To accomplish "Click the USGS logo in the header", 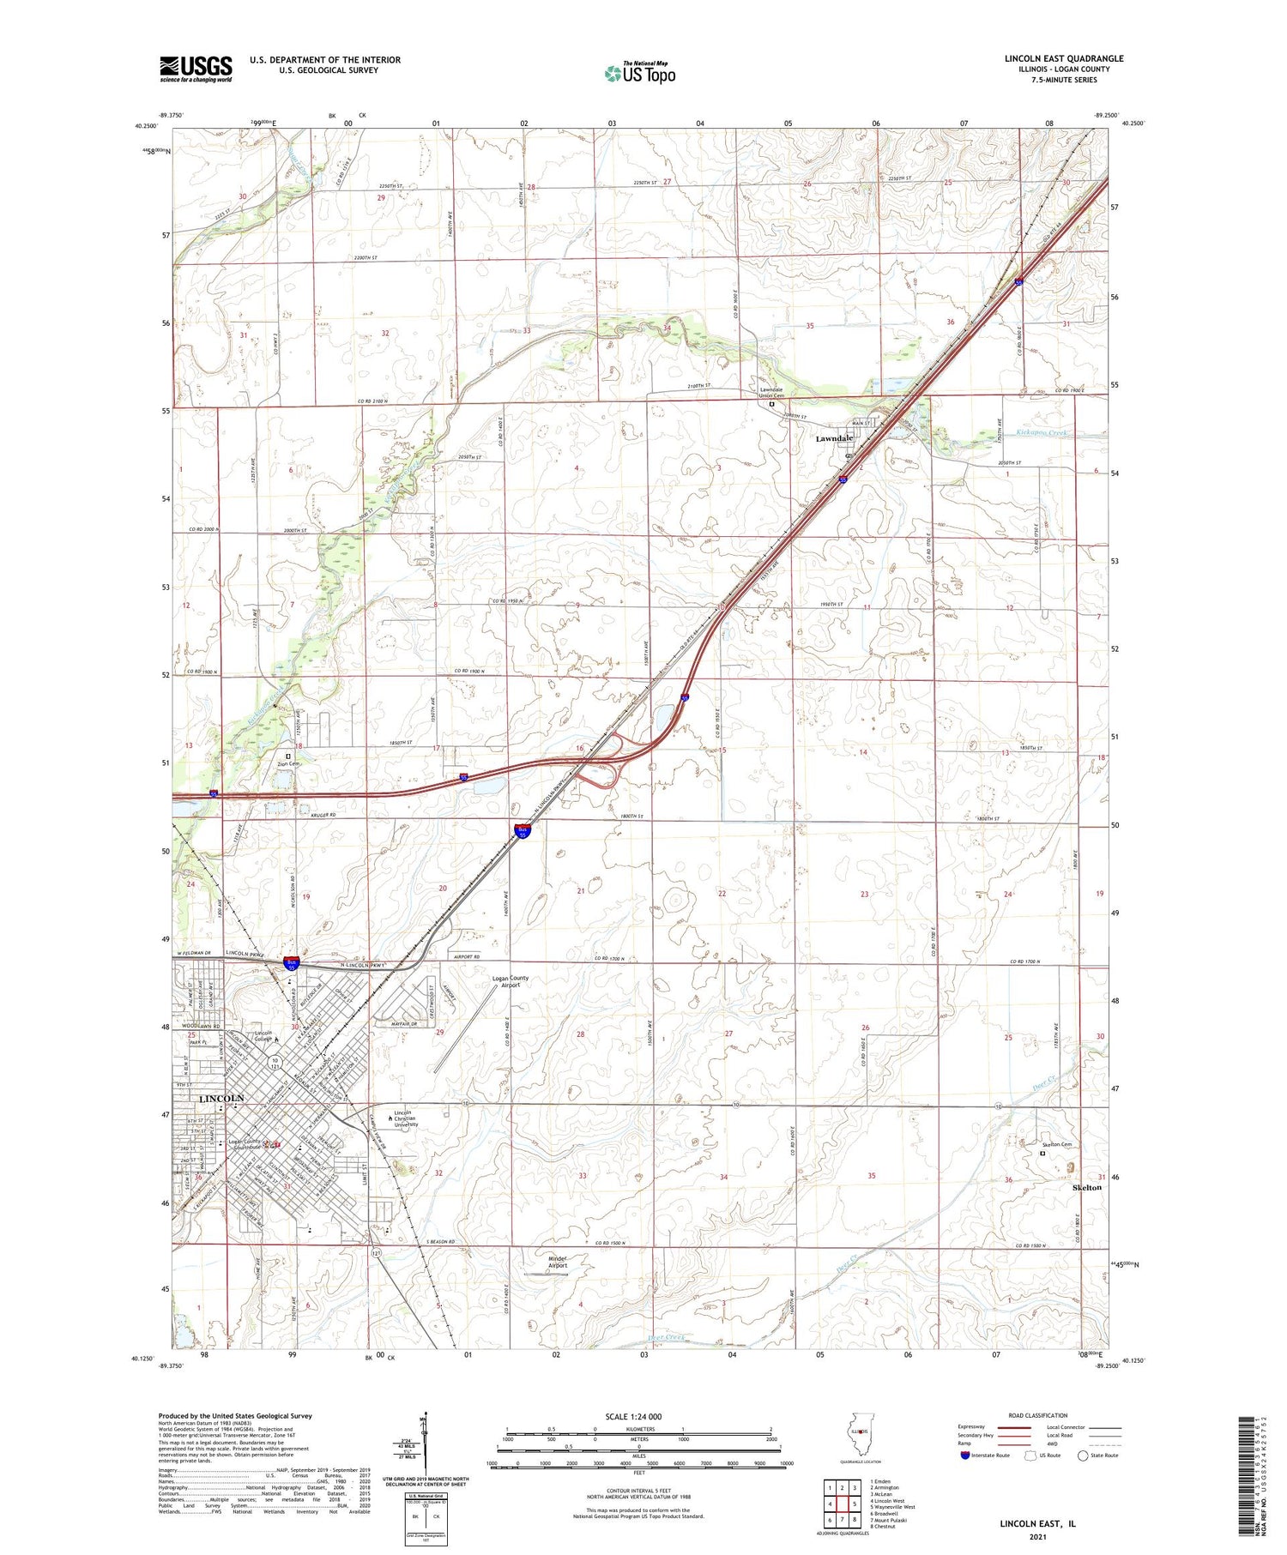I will point(196,69).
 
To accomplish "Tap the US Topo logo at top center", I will point(639,74).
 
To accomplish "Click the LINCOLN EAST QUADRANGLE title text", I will point(1064,58).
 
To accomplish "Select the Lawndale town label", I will point(834,438).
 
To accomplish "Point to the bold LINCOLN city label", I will point(221,1099).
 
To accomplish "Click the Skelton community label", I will point(1087,1188).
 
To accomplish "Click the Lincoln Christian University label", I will point(406,1118).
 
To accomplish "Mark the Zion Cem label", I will point(288,763).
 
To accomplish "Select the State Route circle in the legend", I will point(1083,1455).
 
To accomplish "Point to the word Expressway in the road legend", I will point(975,1427).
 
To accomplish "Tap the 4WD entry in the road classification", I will point(1058,1444).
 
